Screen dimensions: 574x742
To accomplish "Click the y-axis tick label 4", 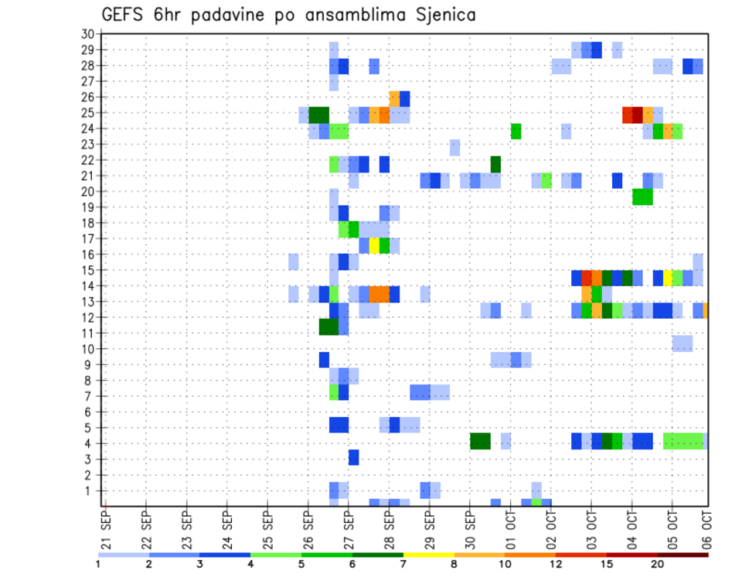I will pyautogui.click(x=90, y=444).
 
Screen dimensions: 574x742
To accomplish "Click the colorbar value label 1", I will pyautogui.click(x=98, y=564).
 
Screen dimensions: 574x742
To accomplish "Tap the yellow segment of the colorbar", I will pyautogui.click(x=428, y=555).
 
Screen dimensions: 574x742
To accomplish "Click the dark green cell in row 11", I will pyautogui.click(x=328, y=326).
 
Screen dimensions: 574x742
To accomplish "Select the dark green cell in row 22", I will pyautogui.click(x=495, y=164).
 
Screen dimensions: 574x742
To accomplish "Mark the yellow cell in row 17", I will pyautogui.click(x=374, y=245).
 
